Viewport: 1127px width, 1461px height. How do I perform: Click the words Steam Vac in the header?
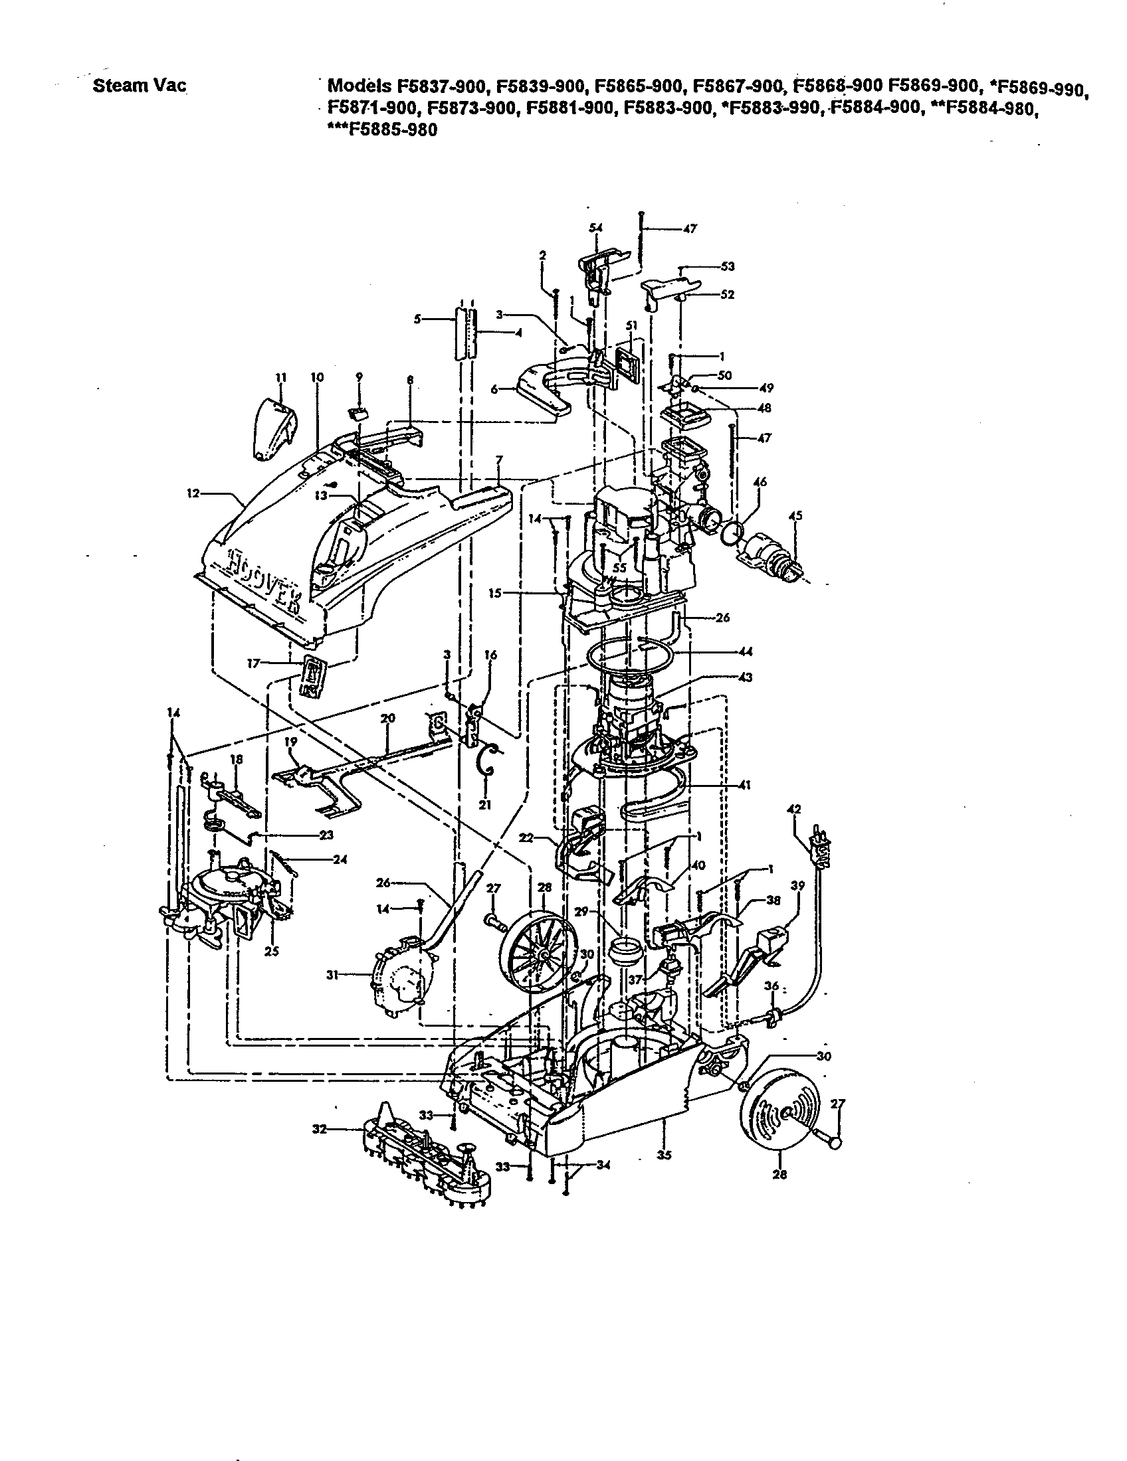pyautogui.click(x=139, y=86)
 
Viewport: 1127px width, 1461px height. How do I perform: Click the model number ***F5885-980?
pyautogui.click(x=382, y=129)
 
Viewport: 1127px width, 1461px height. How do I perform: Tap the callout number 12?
pyautogui.click(x=193, y=493)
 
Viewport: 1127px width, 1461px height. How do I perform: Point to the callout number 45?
pyautogui.click(x=795, y=516)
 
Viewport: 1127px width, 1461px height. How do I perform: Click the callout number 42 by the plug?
pyautogui.click(x=793, y=809)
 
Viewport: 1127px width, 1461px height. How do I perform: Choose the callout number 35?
pyautogui.click(x=664, y=1156)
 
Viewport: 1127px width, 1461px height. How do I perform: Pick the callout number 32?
pyautogui.click(x=319, y=1129)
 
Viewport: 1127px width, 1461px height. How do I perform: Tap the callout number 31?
pyautogui.click(x=331, y=975)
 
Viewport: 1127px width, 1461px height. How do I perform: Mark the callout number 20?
pyautogui.click(x=387, y=719)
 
